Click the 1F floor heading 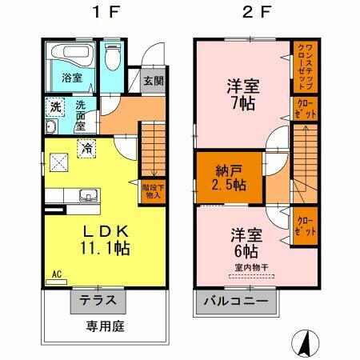pyautogui.click(x=99, y=13)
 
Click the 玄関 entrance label pyautogui.click(x=154, y=80)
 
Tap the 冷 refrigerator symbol pyautogui.click(x=86, y=146)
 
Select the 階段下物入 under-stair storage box pyautogui.click(x=152, y=191)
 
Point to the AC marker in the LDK pyautogui.click(x=56, y=274)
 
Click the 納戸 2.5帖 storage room pyautogui.click(x=230, y=177)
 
